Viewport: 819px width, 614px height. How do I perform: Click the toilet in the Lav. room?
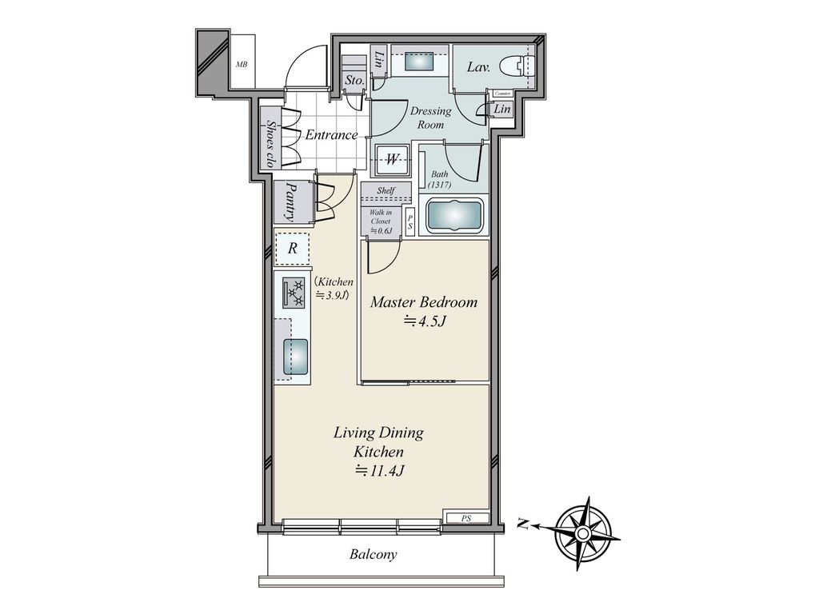[517, 67]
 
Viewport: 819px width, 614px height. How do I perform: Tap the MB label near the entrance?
[242, 65]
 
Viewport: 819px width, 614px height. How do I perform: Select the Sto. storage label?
[354, 81]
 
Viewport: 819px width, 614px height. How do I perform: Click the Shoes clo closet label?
[270, 144]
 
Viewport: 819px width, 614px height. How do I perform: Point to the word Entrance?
[331, 134]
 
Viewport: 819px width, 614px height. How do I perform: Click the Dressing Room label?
[430, 118]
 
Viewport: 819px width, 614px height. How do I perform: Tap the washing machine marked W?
[392, 159]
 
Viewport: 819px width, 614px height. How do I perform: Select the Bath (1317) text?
[439, 180]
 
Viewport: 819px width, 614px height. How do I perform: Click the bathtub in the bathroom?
[454, 216]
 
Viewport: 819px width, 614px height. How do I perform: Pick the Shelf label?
[386, 190]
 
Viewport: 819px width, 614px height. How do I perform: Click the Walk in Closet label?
[381, 221]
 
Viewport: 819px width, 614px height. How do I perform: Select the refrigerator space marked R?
[292, 249]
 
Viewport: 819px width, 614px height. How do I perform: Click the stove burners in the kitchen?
[293, 293]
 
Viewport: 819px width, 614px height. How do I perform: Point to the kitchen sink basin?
[296, 357]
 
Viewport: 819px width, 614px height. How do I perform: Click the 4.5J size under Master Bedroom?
[424, 321]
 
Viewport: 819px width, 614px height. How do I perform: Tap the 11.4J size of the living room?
[379, 471]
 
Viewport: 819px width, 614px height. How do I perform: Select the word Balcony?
[373, 554]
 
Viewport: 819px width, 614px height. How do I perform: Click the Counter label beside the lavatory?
[502, 94]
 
